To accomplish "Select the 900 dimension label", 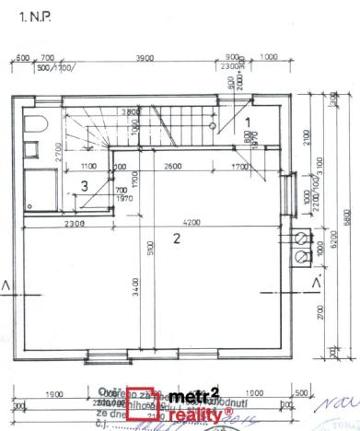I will [232, 57].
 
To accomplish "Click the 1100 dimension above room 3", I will [87, 167].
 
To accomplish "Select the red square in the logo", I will [138, 403].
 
